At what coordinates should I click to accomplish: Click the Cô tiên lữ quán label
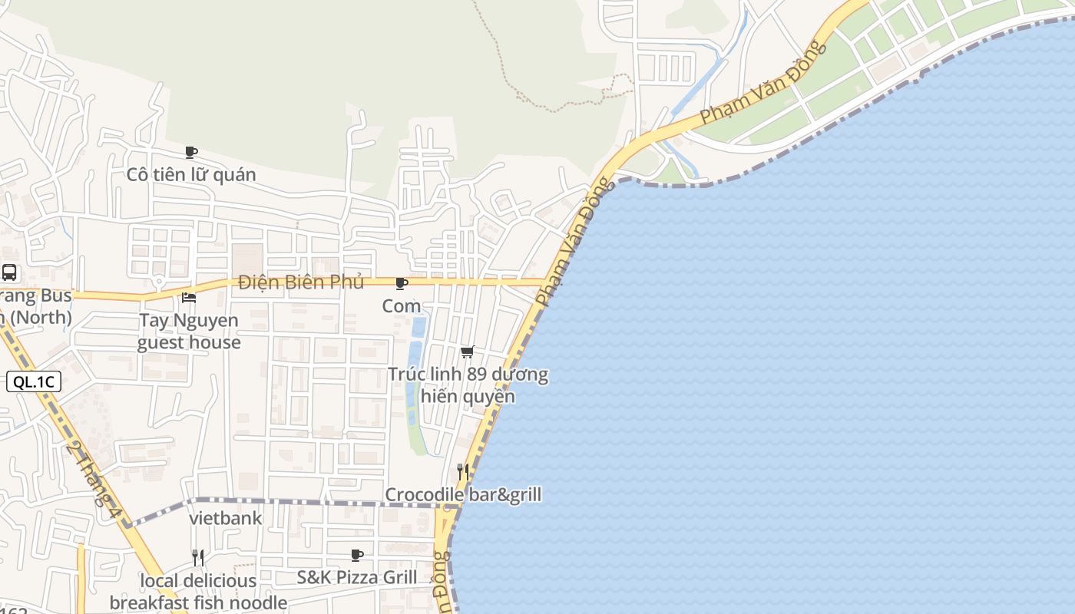(x=191, y=175)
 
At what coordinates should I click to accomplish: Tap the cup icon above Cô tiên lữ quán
(x=191, y=152)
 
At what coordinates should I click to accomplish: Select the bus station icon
(x=9, y=272)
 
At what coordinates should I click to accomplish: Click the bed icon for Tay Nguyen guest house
(x=189, y=298)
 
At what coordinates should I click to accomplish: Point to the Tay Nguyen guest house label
(x=189, y=331)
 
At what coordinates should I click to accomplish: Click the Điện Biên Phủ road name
(x=300, y=282)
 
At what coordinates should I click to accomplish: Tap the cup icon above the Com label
(x=401, y=283)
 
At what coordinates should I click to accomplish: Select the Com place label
(x=402, y=306)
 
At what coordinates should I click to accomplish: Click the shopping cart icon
(x=467, y=352)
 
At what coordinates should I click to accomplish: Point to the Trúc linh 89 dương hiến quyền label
(x=468, y=385)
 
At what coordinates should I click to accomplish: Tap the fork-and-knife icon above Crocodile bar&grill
(x=462, y=471)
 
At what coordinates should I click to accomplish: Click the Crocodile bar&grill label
(x=463, y=495)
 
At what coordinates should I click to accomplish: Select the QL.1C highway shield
(x=33, y=381)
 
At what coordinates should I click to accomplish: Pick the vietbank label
(x=226, y=519)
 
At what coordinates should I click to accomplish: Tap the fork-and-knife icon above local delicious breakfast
(x=198, y=557)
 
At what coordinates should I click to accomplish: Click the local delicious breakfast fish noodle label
(x=198, y=592)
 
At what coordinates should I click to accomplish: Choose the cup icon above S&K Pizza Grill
(x=357, y=554)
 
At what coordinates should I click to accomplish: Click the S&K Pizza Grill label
(x=357, y=577)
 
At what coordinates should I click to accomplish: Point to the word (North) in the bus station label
(x=38, y=317)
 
